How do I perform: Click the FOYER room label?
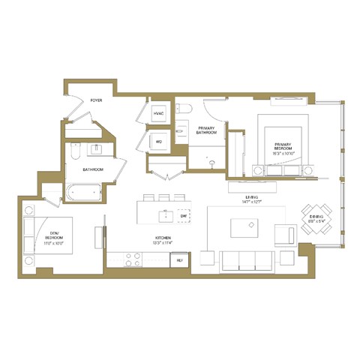96,100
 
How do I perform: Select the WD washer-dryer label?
158,141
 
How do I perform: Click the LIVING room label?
243,199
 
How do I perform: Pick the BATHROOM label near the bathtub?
93,169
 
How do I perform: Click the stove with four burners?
133,260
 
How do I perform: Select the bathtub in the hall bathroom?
83,193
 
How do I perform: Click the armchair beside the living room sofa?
286,235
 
